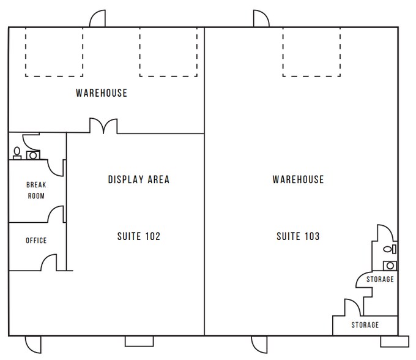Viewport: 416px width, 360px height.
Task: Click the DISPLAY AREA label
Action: [x=138, y=180]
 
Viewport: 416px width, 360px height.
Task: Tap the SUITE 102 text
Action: [x=139, y=236]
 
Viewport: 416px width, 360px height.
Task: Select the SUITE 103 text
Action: [x=298, y=236]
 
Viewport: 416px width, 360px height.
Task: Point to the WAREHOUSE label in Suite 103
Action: [x=298, y=179]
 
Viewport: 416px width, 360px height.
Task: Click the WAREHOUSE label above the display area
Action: [x=102, y=93]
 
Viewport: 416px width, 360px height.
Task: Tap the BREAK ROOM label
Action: [x=36, y=190]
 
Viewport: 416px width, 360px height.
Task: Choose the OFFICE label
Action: [x=36, y=241]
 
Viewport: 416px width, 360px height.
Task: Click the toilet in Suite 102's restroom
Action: [x=17, y=153]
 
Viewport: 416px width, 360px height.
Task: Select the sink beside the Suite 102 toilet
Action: [x=33, y=155]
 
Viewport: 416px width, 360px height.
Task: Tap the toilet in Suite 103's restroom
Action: [x=390, y=249]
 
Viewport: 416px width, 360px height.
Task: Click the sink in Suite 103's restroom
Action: [x=390, y=266]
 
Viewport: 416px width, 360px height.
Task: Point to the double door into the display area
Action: [x=103, y=126]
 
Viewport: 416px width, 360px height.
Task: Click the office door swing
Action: [x=49, y=262]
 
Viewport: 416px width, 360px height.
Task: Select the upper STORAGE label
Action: [x=380, y=279]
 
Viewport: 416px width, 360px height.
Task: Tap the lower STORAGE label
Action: [x=365, y=324]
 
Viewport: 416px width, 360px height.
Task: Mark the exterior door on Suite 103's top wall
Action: [x=261, y=18]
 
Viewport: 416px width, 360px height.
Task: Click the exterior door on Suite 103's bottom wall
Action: [x=259, y=345]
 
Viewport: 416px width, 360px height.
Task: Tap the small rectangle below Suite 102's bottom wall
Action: [x=139, y=342]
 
